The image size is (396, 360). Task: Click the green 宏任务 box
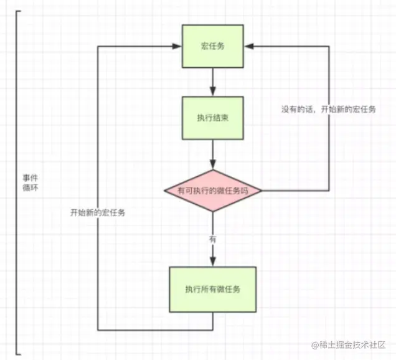[x=212, y=47]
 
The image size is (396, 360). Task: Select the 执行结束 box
[x=212, y=118]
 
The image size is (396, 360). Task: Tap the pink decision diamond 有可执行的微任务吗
[x=212, y=191]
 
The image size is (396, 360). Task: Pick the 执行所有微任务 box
[x=212, y=289]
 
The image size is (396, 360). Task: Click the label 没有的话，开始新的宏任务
[x=328, y=110]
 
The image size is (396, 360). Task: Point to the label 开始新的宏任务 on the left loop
[x=98, y=212]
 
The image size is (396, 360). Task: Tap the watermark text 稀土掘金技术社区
[x=353, y=344]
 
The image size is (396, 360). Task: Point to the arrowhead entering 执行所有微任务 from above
[x=212, y=262]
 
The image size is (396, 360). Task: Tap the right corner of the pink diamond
[x=261, y=191]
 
